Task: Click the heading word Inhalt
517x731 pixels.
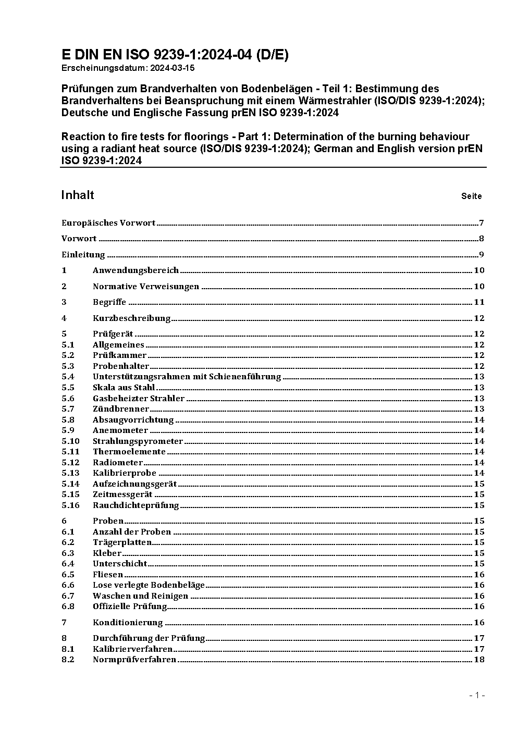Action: pyautogui.click(x=78, y=195)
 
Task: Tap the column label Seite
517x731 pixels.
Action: pyautogui.click(x=471, y=196)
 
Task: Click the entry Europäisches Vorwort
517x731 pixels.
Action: pyautogui.click(x=108, y=223)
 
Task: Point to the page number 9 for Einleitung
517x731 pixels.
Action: pyautogui.click(x=482, y=255)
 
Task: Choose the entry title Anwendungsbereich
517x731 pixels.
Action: pyautogui.click(x=136, y=270)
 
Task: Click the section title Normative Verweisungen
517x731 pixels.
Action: pyautogui.click(x=146, y=286)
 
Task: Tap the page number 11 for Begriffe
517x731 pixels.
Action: pyautogui.click(x=479, y=302)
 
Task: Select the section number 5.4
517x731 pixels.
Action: pyautogui.click(x=68, y=376)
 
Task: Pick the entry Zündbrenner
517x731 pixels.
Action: pyautogui.click(x=121, y=409)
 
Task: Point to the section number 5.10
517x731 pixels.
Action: pyautogui.click(x=70, y=441)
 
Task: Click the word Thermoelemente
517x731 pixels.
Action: pyautogui.click(x=129, y=452)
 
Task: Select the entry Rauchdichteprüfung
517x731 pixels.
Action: pyautogui.click(x=136, y=505)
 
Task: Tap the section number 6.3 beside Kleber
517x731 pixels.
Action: pyautogui.click(x=68, y=553)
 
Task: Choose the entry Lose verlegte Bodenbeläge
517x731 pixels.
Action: pyautogui.click(x=149, y=585)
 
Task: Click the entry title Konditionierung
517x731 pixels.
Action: pyautogui.click(x=128, y=622)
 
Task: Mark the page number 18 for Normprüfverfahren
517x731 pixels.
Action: pyautogui.click(x=479, y=659)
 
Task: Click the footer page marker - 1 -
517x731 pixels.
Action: pyautogui.click(x=477, y=695)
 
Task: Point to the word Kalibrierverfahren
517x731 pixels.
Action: pyautogui.click(x=132, y=649)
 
